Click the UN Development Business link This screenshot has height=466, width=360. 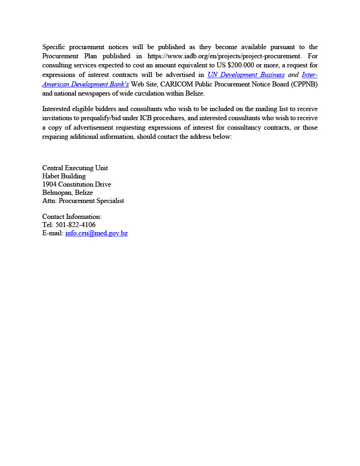coord(246,75)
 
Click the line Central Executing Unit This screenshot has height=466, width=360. coord(75,168)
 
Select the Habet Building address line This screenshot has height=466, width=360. coord(64,176)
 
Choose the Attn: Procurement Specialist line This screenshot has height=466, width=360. coord(83,201)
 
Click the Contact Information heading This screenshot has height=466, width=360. coord(72,217)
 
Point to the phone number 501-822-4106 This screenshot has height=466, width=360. coord(75,225)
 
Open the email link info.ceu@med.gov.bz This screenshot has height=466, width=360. coord(96,233)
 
